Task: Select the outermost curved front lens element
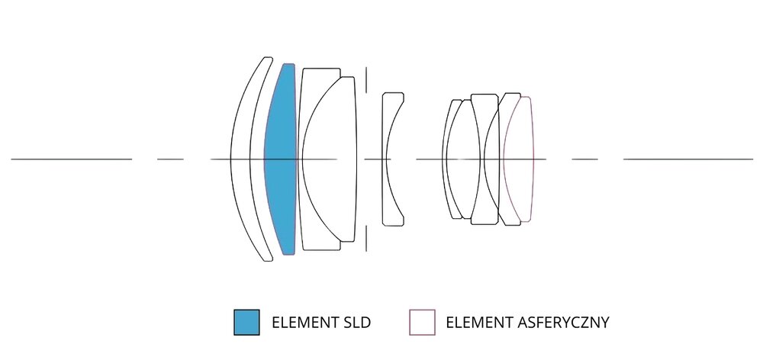click(240, 159)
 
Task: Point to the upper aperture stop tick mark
click(366, 81)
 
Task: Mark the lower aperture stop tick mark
click(366, 238)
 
